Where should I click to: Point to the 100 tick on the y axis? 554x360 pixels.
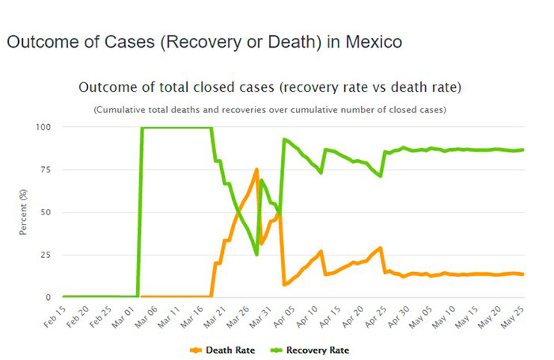point(44,127)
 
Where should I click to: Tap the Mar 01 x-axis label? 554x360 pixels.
point(123,316)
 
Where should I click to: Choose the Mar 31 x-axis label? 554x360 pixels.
point(262,316)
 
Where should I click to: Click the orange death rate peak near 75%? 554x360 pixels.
point(256,169)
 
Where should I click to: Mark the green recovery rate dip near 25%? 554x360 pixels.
point(256,254)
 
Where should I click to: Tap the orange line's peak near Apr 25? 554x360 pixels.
point(381,248)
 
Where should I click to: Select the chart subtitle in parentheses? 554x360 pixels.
point(269,109)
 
